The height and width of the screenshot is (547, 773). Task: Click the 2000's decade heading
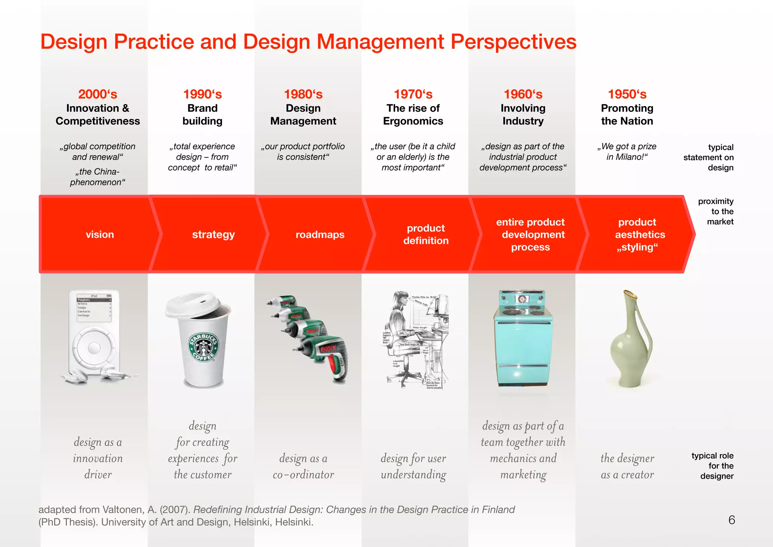(97, 94)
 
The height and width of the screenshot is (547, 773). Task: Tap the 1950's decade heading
(627, 94)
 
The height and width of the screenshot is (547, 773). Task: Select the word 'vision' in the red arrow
(100, 235)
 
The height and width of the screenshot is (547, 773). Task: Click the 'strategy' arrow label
(213, 235)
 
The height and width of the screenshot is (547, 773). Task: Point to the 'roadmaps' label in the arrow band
(320, 235)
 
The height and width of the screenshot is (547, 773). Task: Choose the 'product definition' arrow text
(426, 234)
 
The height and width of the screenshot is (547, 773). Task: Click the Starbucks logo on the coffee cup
(203, 347)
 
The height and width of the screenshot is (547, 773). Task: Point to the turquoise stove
(523, 340)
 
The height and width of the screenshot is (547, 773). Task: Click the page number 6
(731, 520)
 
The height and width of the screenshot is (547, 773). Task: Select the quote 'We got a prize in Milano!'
(627, 151)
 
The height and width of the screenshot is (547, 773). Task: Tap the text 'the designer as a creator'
(627, 466)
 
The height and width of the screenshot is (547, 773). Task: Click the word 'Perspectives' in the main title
(513, 42)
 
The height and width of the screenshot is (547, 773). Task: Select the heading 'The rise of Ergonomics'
(413, 114)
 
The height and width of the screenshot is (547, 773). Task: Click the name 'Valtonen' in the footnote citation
(122, 510)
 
